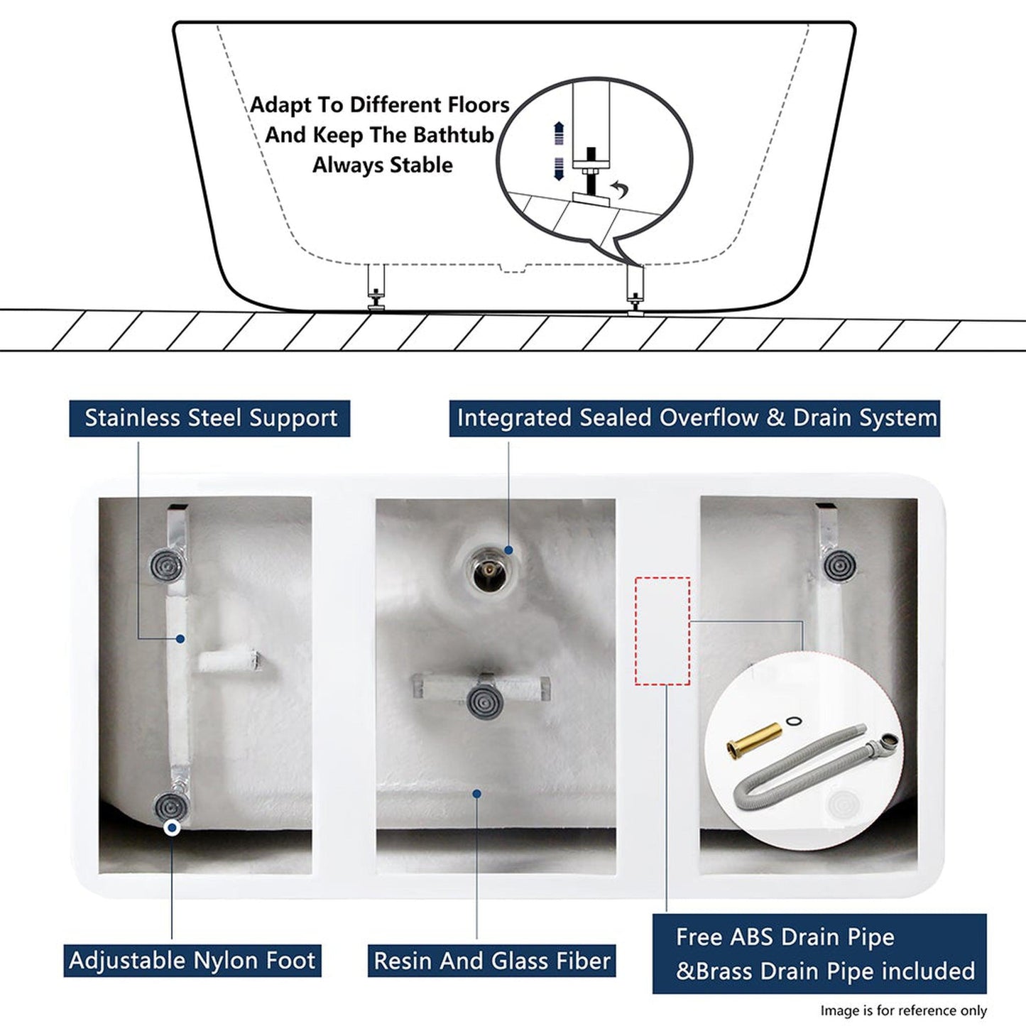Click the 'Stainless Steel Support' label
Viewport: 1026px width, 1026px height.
coord(209,418)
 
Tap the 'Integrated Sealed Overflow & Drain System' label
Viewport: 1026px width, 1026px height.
coord(694,418)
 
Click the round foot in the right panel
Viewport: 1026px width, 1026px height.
coord(842,565)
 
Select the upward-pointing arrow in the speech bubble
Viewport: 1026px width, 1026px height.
coord(559,133)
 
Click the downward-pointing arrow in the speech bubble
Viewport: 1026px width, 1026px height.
coord(559,169)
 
